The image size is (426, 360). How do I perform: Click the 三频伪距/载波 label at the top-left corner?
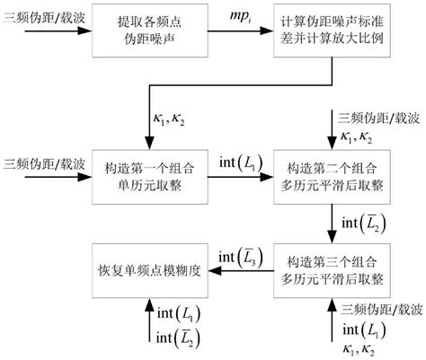click(x=37, y=13)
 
